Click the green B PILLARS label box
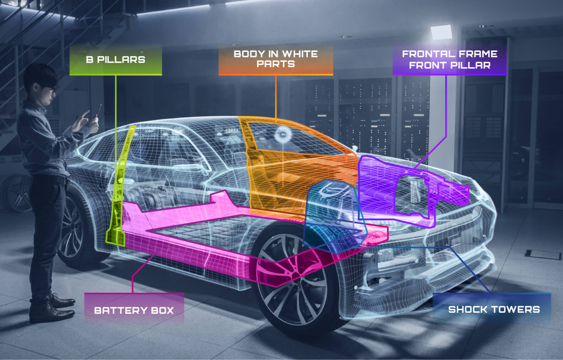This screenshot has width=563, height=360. click(116, 60)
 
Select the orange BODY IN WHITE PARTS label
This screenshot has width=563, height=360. click(276, 59)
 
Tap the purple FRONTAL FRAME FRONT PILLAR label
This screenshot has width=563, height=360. click(450, 60)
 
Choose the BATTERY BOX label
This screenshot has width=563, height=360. click(134, 308)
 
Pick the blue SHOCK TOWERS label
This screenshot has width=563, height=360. click(491, 308)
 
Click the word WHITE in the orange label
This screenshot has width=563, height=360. click(300, 54)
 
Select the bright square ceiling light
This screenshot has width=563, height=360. click(441, 32)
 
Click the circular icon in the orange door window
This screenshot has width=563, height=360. click(283, 135)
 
